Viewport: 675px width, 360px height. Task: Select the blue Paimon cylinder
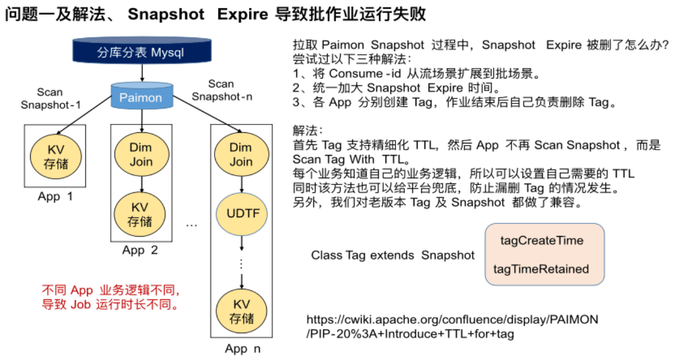pos(141,98)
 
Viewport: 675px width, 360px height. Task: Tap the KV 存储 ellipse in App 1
pos(55,156)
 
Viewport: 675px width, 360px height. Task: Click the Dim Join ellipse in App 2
pos(141,154)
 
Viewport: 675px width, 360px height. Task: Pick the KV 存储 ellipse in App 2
pos(141,213)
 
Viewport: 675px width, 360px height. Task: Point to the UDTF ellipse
pos(240,213)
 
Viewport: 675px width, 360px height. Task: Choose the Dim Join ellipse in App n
pos(240,154)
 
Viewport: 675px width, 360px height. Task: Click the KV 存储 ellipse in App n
pos(241,311)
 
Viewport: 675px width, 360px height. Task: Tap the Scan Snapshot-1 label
pos(51,99)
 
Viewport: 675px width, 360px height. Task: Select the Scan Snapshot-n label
pos(220,90)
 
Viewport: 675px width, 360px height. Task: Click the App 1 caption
pos(55,197)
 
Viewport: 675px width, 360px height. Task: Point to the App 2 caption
pos(140,250)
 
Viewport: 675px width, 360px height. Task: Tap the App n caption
pos(243,348)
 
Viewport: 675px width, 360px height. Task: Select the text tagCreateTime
pos(542,241)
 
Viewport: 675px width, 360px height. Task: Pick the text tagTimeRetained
pos(541,269)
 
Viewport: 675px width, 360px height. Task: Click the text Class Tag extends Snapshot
pos(393,256)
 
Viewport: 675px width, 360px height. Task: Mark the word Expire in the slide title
pos(244,15)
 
